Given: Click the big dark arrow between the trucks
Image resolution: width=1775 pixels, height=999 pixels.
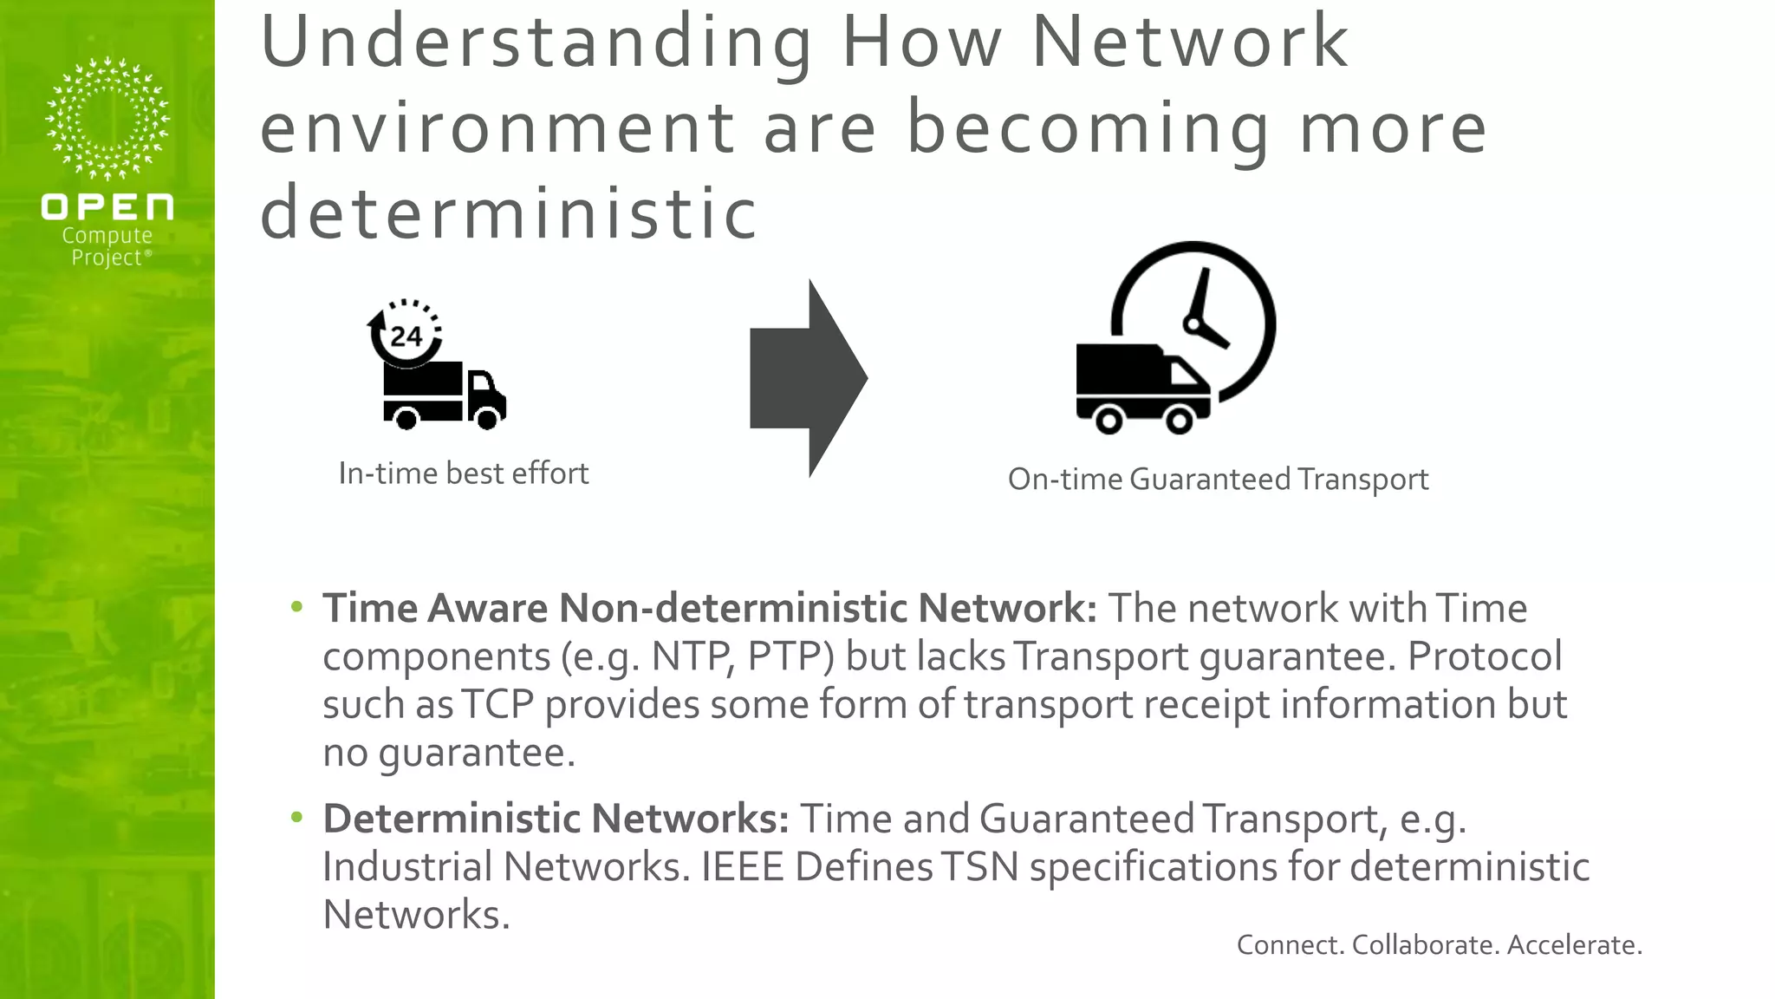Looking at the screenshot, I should [806, 378].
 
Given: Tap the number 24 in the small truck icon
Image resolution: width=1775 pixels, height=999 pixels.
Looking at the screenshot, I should [406, 336].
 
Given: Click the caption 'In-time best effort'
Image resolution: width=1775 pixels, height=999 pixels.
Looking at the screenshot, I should [464, 473].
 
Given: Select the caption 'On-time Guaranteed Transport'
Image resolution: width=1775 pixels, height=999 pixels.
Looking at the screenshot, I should [1218, 479].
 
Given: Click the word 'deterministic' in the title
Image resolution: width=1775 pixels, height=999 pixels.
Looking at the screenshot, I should [509, 213].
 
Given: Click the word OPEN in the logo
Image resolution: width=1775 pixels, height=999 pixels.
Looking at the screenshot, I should [107, 207].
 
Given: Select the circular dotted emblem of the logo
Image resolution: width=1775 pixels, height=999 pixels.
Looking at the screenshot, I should [107, 118].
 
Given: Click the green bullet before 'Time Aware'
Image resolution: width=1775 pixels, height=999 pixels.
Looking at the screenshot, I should [297, 607].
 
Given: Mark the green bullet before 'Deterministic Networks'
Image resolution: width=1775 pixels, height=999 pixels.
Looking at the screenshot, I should [297, 817].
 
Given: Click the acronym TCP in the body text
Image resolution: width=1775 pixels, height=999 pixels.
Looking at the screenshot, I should [497, 704].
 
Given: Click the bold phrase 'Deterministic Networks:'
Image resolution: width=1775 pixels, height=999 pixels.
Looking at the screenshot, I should [556, 818].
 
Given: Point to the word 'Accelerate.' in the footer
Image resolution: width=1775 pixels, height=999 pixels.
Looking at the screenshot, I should [1574, 944].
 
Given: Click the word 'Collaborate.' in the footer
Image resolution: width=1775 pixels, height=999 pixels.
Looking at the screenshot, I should [1425, 944].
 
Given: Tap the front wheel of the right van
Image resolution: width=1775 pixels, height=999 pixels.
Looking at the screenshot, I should [1179, 421].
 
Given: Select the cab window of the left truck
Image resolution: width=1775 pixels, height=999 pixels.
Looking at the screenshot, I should [481, 382].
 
